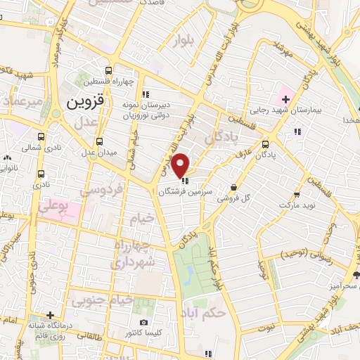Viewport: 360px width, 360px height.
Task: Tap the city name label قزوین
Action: (x=85, y=101)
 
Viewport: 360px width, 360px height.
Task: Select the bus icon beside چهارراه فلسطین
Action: (x=108, y=70)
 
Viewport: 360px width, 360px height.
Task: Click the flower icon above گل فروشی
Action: (x=233, y=186)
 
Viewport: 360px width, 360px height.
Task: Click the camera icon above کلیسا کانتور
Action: (x=144, y=321)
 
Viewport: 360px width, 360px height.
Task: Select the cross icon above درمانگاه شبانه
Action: (x=49, y=314)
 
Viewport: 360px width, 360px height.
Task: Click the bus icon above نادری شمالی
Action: (x=41, y=136)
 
